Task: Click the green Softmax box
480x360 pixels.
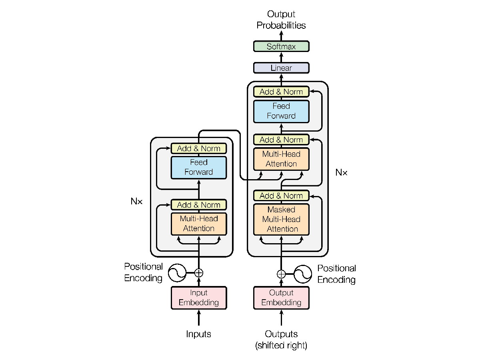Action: point(281,46)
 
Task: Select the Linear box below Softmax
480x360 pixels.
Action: point(281,68)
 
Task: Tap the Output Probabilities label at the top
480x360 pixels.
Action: point(281,20)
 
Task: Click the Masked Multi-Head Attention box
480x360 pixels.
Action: point(281,219)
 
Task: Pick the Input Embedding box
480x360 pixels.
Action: point(199,298)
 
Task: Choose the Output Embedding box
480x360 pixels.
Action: point(281,298)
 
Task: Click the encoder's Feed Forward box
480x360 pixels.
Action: point(199,167)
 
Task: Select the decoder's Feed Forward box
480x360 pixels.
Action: point(281,111)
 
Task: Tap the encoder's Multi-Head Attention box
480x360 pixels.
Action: point(199,224)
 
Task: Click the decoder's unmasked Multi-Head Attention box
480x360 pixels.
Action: point(281,159)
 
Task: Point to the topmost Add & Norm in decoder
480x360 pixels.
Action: point(281,92)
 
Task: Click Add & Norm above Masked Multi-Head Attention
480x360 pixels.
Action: point(281,196)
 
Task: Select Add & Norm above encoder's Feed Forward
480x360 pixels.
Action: point(199,148)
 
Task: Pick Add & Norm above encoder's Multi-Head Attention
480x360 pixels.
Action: point(199,205)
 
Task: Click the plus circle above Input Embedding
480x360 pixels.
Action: point(199,273)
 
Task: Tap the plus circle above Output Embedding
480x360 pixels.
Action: point(281,274)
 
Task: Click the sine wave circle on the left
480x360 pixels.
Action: point(176,273)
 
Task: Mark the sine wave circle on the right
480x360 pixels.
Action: point(303,274)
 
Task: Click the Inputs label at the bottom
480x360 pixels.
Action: point(199,334)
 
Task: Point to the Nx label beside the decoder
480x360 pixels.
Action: point(341,172)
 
